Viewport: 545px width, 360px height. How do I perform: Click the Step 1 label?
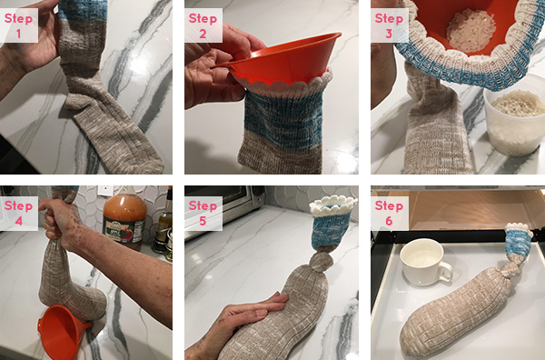19,25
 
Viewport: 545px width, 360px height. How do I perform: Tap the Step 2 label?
203,25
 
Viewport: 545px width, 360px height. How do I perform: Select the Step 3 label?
390,25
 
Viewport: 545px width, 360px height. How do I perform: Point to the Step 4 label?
19,213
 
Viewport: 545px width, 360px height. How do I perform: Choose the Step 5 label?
203,213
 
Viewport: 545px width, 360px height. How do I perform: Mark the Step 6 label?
390,213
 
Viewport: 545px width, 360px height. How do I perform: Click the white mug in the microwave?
426,262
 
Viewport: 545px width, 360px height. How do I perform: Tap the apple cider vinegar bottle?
124,218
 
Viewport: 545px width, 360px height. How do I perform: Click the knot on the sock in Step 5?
322,261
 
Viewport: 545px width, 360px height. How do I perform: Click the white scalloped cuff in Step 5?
333,205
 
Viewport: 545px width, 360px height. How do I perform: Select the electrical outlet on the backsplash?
105,191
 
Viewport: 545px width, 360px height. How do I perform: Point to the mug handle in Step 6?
446,272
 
